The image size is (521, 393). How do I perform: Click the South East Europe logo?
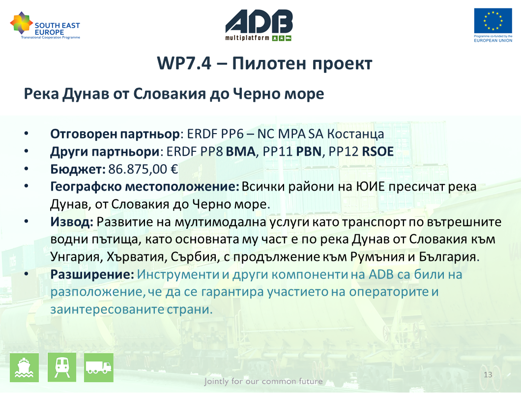tap(45, 26)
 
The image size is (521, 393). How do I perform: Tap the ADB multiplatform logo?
tap(259, 25)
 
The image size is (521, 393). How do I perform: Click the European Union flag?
tap(493, 21)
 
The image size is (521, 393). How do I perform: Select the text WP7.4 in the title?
tap(184, 63)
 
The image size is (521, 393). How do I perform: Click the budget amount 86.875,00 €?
tap(143, 169)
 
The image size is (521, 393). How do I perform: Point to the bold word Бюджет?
tap(78, 169)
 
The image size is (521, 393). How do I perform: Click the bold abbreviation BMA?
tap(240, 151)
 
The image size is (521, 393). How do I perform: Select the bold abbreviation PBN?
tap(309, 151)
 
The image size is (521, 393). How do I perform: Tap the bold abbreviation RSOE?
tap(377, 151)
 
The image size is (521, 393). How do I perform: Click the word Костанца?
tap(355, 134)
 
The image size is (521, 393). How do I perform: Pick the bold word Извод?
tap(72, 222)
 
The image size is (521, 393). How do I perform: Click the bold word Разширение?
tap(92, 275)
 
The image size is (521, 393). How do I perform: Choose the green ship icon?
tap(24, 367)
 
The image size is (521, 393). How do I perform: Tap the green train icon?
tap(62, 367)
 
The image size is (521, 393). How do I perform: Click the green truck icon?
tap(99, 367)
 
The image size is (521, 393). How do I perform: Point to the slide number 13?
tap(488, 375)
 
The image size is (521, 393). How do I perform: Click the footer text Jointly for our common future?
tap(263, 381)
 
